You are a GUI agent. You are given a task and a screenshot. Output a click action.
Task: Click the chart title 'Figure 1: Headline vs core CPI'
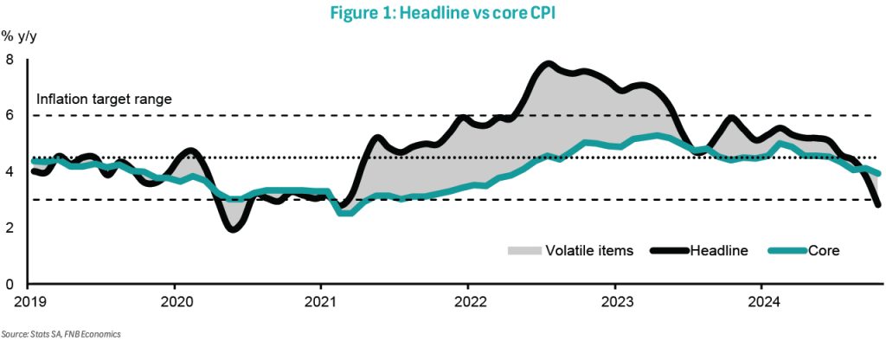[442, 13]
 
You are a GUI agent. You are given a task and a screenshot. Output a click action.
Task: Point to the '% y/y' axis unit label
[18, 36]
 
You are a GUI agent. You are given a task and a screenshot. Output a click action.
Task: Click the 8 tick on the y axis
[10, 60]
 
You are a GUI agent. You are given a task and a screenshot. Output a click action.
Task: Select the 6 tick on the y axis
[10, 116]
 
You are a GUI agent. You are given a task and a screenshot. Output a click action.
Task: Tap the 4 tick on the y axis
[10, 172]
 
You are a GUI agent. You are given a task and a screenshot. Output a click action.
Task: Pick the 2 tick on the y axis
[10, 228]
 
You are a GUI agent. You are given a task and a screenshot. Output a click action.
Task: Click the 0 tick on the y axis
[10, 285]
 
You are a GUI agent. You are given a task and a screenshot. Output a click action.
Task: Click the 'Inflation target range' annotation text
[104, 99]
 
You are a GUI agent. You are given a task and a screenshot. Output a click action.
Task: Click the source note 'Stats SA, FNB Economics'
[61, 334]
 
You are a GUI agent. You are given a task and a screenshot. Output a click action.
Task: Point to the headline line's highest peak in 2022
[548, 63]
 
